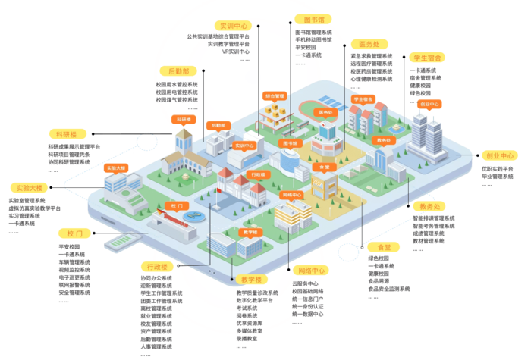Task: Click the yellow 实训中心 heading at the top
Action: tap(233, 24)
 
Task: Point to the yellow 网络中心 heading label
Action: tap(311, 270)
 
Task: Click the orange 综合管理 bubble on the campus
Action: tap(274, 96)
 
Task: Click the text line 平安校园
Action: tap(306, 47)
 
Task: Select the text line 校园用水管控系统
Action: tap(177, 84)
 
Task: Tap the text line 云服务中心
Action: tap(306, 283)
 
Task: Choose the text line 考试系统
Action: tap(247, 308)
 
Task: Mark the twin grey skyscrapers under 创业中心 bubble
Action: tap(428, 136)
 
